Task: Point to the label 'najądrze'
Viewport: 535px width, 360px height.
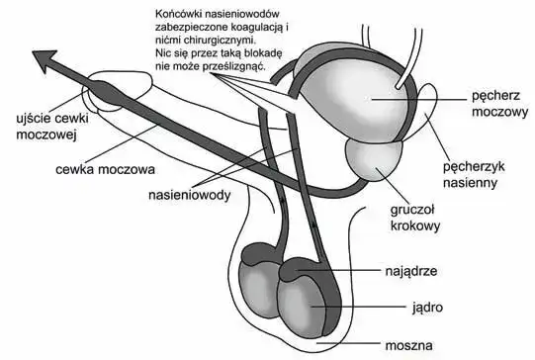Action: (x=402, y=269)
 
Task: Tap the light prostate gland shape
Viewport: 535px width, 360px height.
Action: (x=370, y=158)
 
